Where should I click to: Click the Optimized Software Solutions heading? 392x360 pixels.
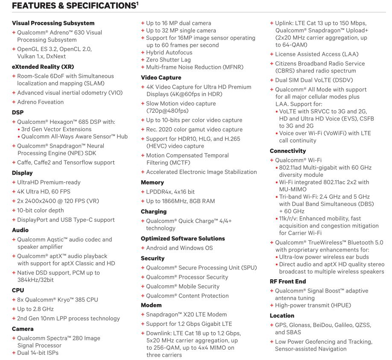click(x=182, y=238)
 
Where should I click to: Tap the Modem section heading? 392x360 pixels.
click(x=152, y=305)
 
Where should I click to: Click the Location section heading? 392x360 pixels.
click(x=282, y=316)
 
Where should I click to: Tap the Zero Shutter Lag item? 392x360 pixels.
click(x=168, y=60)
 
